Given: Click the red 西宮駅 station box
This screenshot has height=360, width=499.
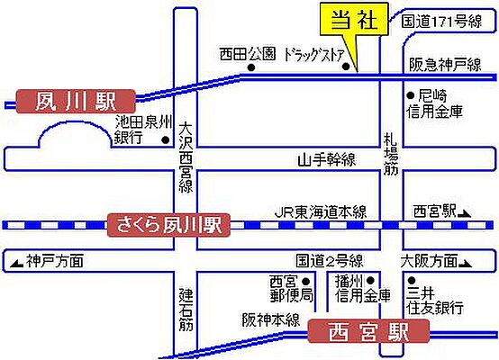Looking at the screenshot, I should coord(367,331).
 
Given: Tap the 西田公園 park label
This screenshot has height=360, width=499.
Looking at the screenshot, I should coord(248,54).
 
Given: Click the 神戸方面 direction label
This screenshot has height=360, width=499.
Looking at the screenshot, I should coord(53,262).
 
